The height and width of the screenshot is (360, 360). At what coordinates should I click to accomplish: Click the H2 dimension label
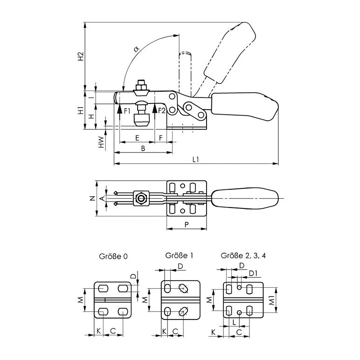[x=81, y=56]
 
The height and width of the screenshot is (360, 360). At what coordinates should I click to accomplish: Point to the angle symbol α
[x=137, y=48]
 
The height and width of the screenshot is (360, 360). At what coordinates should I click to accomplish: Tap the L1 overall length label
[x=195, y=159]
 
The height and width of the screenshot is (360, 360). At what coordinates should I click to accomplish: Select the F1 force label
[x=127, y=111]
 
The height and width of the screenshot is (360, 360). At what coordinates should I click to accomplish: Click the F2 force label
[x=162, y=111]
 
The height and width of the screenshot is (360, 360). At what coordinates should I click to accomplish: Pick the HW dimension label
[x=101, y=142]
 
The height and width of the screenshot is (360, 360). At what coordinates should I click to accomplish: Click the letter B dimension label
[x=143, y=148]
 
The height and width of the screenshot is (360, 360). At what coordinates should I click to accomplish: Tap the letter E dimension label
[x=137, y=138]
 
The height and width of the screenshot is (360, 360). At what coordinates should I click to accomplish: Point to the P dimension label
[x=187, y=225]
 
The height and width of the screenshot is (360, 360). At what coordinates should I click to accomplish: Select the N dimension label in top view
[x=92, y=198]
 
